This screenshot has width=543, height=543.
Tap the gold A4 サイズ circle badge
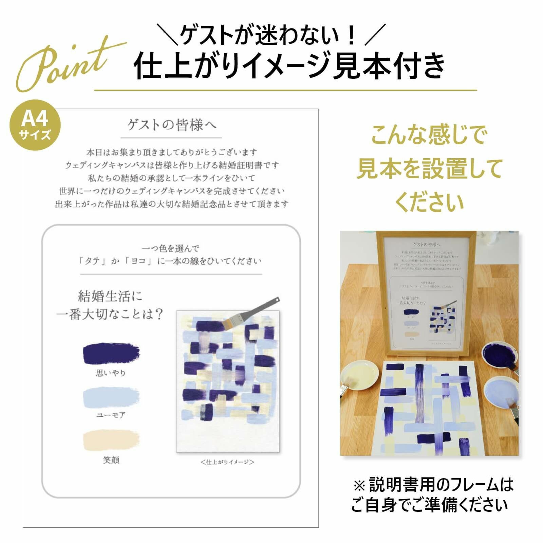(x=35, y=125)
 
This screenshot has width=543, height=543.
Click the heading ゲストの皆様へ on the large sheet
(x=171, y=125)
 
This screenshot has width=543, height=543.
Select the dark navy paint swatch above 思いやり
(x=111, y=354)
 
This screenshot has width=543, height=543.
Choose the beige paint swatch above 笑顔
(x=111, y=440)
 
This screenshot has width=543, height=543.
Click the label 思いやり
(x=111, y=373)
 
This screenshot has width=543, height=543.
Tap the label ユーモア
(x=111, y=415)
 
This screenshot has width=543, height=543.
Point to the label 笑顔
(x=111, y=460)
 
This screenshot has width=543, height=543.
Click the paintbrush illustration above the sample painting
(x=253, y=313)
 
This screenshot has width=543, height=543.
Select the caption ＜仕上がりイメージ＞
(x=227, y=462)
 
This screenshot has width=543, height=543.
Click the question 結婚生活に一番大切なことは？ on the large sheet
(x=110, y=305)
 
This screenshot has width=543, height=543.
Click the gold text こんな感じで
(x=429, y=135)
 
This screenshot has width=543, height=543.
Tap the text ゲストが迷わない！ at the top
(x=268, y=35)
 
